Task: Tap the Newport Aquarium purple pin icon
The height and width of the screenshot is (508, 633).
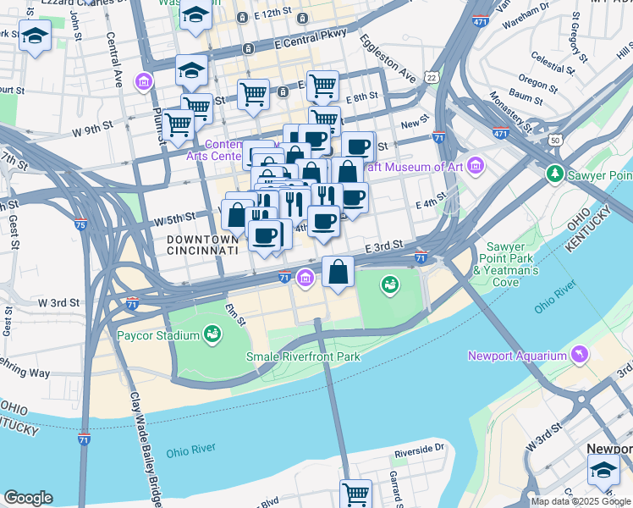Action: (x=579, y=354)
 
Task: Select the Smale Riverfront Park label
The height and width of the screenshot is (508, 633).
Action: (x=303, y=356)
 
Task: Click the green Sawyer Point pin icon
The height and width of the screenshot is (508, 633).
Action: (x=555, y=174)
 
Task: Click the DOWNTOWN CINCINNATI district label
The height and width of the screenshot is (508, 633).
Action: (x=201, y=246)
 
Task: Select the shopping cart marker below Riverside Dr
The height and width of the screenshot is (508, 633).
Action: (x=356, y=493)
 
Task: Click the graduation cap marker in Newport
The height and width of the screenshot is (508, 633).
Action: (x=604, y=469)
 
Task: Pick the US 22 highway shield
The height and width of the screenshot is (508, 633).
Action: (x=432, y=77)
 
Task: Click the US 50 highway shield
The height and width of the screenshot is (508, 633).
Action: (x=556, y=140)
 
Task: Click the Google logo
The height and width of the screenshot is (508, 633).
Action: (x=28, y=498)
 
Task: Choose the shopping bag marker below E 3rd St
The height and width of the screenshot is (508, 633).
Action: (x=339, y=273)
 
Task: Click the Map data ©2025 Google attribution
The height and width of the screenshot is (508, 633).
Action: (x=581, y=501)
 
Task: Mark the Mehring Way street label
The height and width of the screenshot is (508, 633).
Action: (x=24, y=372)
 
